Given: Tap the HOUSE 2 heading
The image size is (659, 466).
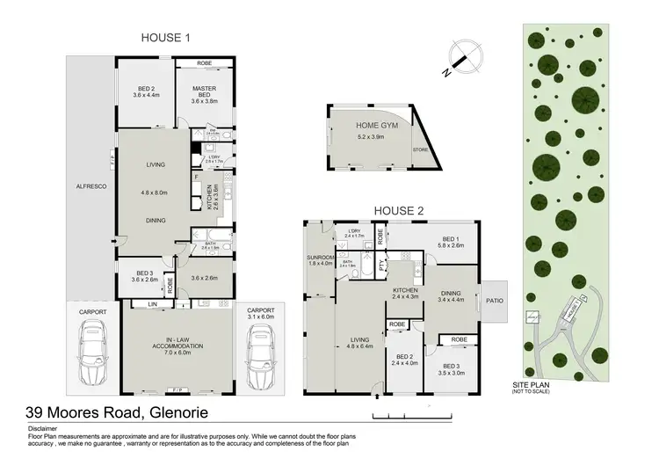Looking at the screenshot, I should pyautogui.click(x=401, y=211).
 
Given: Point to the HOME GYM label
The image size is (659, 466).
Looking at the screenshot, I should pyautogui.click(x=353, y=127).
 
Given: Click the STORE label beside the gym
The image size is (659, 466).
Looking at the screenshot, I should pyautogui.click(x=421, y=150).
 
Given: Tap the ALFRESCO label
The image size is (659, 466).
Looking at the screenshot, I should pyautogui.click(x=91, y=186).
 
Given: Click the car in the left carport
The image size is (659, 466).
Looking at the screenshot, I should pyautogui.click(x=92, y=353).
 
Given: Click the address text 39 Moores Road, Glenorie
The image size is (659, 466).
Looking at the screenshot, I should pyautogui.click(x=119, y=411).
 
